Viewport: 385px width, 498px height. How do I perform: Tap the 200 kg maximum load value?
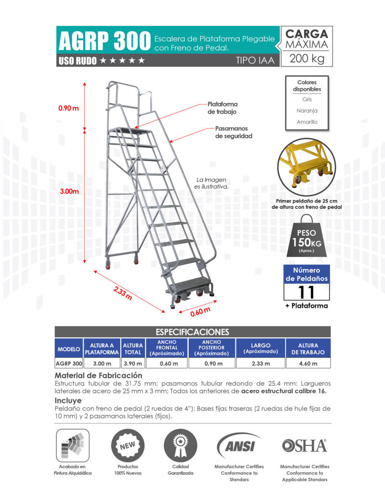click(x=307, y=59)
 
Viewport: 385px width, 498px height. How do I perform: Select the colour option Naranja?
click(x=307, y=111)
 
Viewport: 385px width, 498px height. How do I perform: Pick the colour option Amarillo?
click(x=307, y=122)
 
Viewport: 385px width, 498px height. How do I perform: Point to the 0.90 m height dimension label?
click(x=68, y=108)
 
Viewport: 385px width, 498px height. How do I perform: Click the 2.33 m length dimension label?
click(x=123, y=293)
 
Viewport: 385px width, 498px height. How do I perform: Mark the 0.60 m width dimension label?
click(x=200, y=311)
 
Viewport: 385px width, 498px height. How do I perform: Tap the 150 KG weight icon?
click(x=307, y=240)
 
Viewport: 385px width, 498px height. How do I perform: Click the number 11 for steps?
click(x=307, y=292)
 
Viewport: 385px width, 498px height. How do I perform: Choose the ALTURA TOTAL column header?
click(x=133, y=349)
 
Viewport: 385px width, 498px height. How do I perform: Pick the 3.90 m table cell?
click(x=133, y=364)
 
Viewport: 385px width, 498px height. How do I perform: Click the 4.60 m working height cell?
click(x=308, y=364)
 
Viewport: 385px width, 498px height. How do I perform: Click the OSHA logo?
click(x=305, y=446)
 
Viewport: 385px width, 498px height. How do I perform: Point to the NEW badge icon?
click(x=128, y=445)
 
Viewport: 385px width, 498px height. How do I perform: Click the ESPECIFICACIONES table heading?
click(x=192, y=332)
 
